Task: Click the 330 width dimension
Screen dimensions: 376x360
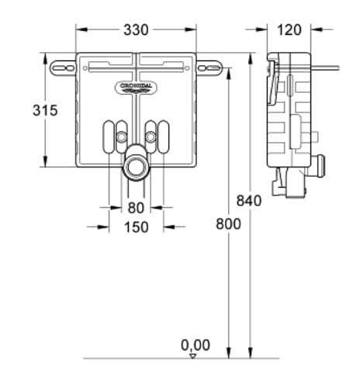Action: click(136, 29)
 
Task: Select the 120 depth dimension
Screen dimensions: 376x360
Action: click(289, 29)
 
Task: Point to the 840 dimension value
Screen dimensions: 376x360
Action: click(249, 200)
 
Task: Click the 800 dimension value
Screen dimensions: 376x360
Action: click(228, 223)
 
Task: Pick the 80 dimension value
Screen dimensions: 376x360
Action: click(136, 208)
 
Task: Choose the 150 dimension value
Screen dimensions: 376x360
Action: click(136, 228)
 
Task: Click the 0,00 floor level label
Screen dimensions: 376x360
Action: click(195, 344)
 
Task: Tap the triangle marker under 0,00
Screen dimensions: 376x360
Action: click(193, 356)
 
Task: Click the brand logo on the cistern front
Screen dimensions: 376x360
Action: click(136, 87)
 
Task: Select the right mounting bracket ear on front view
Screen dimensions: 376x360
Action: click(208, 68)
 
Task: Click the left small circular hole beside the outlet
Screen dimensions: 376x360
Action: click(121, 138)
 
